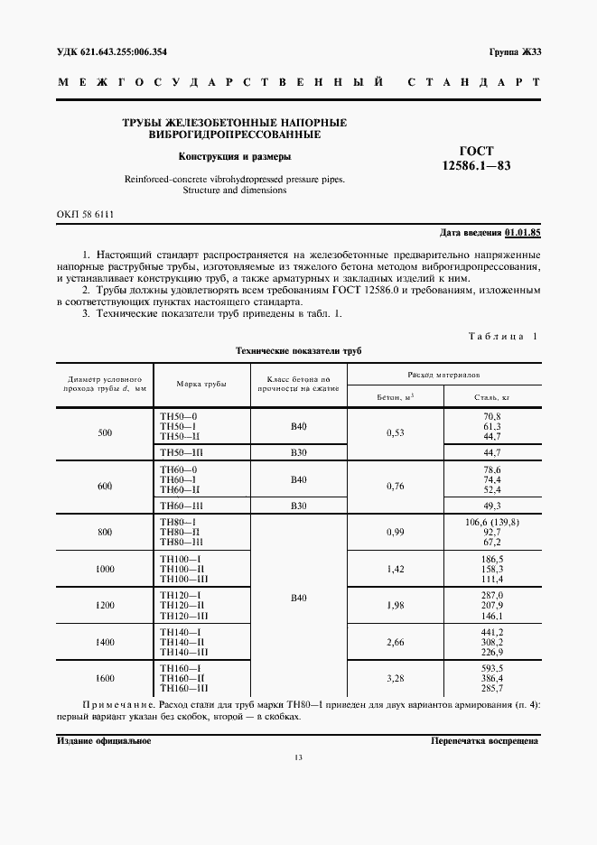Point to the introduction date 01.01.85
point(522,233)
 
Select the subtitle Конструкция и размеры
point(234,156)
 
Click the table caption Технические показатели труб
point(298,350)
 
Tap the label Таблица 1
point(502,336)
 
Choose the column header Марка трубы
point(201,384)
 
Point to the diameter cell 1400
point(105,640)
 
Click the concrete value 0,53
point(395,432)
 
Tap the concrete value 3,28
point(395,677)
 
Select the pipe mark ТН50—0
point(177,415)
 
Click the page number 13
point(298,782)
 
